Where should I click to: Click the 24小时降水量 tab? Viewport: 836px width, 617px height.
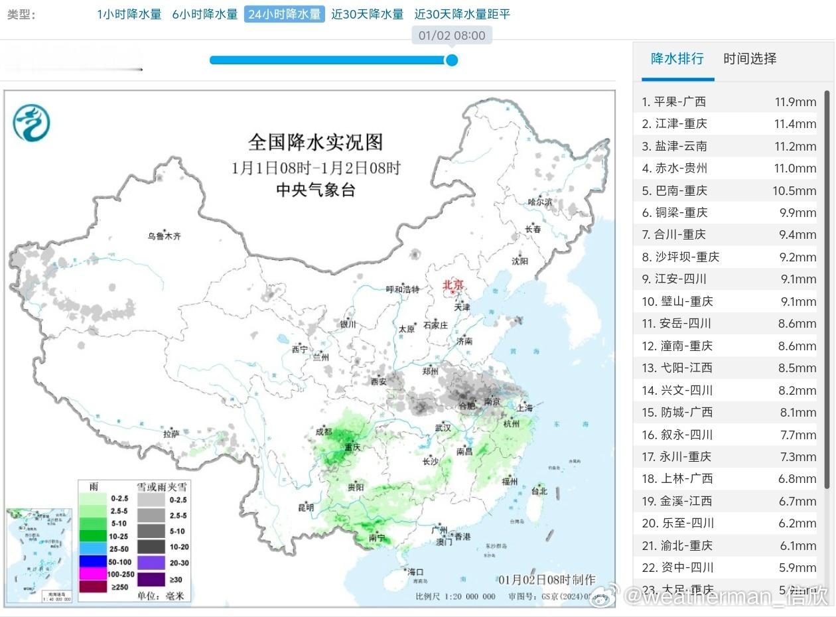pos(284,14)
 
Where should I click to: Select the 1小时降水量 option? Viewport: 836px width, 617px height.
pos(129,14)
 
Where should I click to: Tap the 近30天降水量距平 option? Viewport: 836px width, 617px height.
pos(462,14)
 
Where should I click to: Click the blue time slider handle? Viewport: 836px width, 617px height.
pos(452,60)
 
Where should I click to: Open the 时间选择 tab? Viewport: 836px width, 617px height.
pos(750,58)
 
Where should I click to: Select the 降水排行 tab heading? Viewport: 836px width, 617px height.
pos(677,58)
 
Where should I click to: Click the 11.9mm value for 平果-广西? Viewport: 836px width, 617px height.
pos(795,102)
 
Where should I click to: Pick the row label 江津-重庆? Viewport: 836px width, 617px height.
pos(681,124)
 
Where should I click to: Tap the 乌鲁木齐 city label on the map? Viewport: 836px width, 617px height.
pos(164,236)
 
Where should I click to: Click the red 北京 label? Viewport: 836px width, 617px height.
pos(454,285)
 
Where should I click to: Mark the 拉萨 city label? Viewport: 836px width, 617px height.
pos(171,434)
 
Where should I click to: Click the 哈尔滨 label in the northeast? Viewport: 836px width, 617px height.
pos(539,202)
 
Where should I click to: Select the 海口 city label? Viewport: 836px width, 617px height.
pos(415,572)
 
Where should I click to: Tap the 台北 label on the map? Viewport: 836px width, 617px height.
pos(539,491)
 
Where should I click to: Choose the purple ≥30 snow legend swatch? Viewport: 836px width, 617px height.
pos(151,579)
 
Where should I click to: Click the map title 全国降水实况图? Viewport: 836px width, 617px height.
pos(315,142)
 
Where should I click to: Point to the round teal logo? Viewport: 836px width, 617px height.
pos(31,123)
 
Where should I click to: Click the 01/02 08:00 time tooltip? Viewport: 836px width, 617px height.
pos(452,35)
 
